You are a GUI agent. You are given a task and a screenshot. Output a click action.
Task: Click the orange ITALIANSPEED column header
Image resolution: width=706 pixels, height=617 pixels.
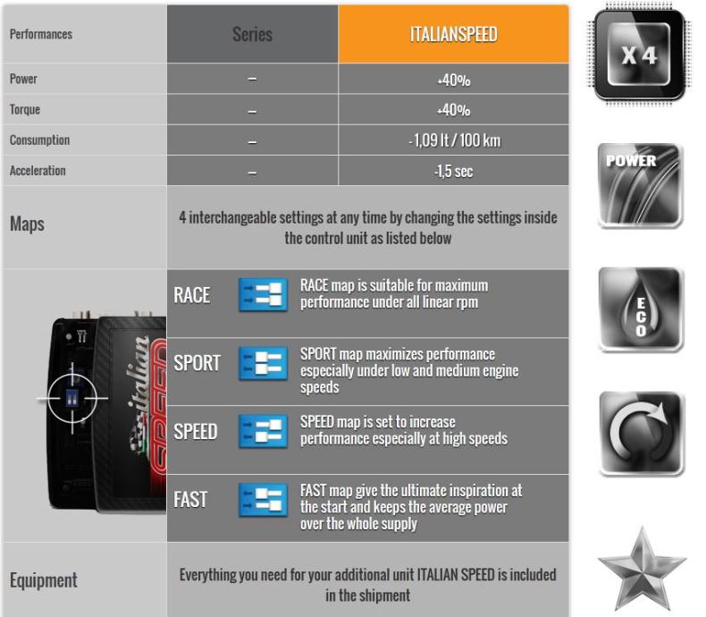(x=453, y=34)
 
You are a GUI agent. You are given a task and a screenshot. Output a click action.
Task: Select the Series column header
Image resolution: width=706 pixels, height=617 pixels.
(x=252, y=34)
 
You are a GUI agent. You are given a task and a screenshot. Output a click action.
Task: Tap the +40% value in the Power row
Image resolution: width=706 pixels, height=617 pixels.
(x=453, y=80)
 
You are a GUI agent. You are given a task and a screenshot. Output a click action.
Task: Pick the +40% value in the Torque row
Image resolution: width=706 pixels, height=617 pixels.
(x=453, y=110)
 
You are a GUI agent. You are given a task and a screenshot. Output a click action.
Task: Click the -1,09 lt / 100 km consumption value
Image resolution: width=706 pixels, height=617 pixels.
(x=454, y=140)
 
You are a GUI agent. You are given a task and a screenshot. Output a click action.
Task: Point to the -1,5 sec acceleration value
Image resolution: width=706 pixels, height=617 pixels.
(x=453, y=171)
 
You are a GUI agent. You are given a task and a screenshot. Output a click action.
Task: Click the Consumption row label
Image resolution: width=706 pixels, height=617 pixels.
(x=39, y=139)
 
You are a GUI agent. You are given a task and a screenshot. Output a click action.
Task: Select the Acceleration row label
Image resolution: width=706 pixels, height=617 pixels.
(x=38, y=170)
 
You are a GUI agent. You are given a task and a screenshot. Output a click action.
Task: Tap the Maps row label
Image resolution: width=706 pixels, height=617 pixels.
(x=27, y=224)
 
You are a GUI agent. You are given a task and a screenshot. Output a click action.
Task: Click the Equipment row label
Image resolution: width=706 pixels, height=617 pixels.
(x=43, y=580)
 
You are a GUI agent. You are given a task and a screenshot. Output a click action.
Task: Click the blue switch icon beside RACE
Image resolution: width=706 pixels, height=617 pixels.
(x=263, y=294)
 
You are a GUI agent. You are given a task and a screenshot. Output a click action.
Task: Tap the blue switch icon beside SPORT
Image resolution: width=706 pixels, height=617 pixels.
(x=263, y=363)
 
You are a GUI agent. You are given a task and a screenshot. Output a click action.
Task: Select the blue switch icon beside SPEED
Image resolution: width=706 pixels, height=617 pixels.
(x=263, y=431)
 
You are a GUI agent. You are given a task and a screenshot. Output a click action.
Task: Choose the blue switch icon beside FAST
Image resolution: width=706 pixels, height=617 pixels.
(x=263, y=500)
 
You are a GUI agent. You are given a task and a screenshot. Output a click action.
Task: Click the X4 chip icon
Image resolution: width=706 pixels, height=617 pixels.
(x=639, y=54)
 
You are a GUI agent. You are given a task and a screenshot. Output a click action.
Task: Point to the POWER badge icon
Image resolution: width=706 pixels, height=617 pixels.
(x=640, y=185)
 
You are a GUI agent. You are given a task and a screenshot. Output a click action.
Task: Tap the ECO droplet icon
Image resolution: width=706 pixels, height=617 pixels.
(x=641, y=309)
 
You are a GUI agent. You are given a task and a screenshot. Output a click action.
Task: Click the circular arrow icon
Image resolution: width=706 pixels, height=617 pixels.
(x=641, y=434)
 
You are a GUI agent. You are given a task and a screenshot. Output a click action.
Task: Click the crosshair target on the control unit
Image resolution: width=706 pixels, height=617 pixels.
(x=72, y=398)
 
